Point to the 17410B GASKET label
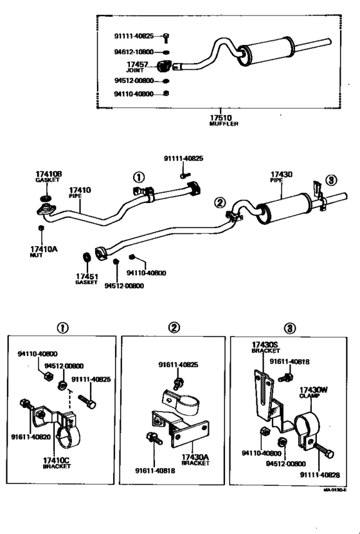pyautogui.click(x=48, y=177)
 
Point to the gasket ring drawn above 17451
pyautogui.click(x=86, y=258)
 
